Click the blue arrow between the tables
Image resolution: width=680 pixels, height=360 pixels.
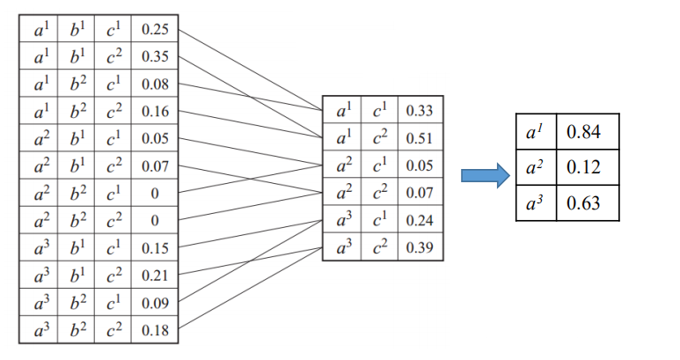(486, 176)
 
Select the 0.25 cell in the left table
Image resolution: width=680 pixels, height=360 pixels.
(155, 29)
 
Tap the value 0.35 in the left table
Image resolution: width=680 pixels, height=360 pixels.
(155, 56)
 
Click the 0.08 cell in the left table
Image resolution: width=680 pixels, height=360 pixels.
(155, 84)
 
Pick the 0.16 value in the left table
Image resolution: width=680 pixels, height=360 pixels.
(155, 112)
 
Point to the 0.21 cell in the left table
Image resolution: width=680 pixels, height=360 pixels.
(155, 276)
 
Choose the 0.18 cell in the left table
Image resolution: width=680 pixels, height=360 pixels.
(155, 330)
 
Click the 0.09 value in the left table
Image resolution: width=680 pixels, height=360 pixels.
(155, 303)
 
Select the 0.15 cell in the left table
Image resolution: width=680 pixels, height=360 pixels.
(155, 248)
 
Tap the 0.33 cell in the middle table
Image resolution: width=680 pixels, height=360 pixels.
(420, 111)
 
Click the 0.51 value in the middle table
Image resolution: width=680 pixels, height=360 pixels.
(420, 138)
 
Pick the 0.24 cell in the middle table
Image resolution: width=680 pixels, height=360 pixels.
(420, 220)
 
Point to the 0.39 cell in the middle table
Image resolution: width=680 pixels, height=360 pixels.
(420, 247)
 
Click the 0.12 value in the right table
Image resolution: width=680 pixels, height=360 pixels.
(583, 167)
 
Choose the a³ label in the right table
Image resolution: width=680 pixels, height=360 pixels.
(535, 202)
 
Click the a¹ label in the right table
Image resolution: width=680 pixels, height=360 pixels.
(535, 131)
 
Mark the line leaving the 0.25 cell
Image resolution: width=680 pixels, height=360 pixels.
(250, 70)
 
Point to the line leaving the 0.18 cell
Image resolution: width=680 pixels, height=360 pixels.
(250, 288)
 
